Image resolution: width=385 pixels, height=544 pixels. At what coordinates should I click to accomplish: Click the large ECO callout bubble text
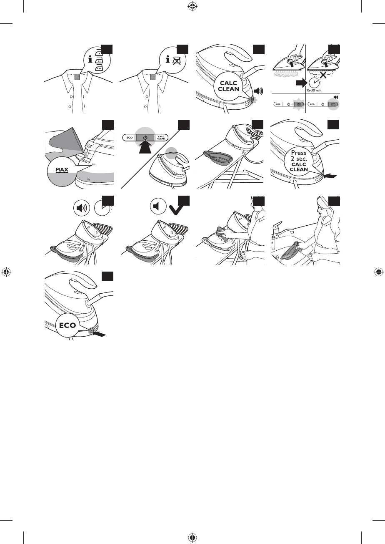tap(67, 325)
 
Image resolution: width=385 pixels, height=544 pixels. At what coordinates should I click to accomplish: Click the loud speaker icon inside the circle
tap(82, 207)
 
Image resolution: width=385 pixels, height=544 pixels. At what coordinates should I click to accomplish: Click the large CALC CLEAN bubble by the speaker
tap(227, 86)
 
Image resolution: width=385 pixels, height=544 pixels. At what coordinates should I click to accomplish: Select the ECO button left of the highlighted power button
tap(129, 137)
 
